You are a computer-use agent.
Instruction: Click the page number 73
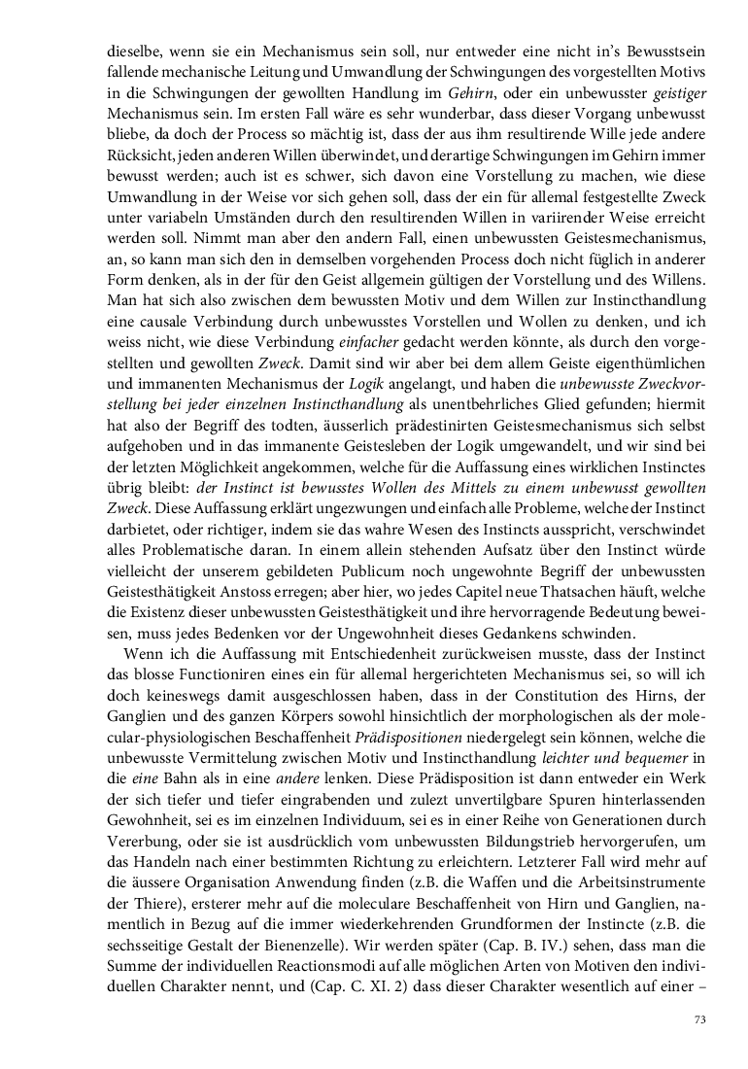[x=699, y=1019]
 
